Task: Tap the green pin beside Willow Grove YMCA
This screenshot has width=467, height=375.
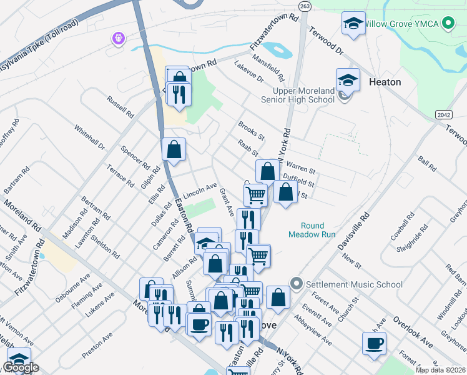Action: click(x=447, y=24)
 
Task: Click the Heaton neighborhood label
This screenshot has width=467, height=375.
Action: click(x=385, y=82)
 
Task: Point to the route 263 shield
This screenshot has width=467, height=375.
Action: click(x=305, y=6)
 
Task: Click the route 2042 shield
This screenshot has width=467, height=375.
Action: click(x=443, y=114)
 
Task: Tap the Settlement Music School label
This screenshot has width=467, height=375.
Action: click(x=354, y=284)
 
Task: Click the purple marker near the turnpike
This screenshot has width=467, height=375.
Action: click(x=118, y=39)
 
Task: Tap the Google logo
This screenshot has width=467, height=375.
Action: click(x=21, y=368)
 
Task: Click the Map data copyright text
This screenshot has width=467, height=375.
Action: click(x=441, y=370)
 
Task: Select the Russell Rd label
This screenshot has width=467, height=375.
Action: click(x=120, y=107)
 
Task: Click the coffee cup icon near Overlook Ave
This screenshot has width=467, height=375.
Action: click(x=375, y=343)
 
